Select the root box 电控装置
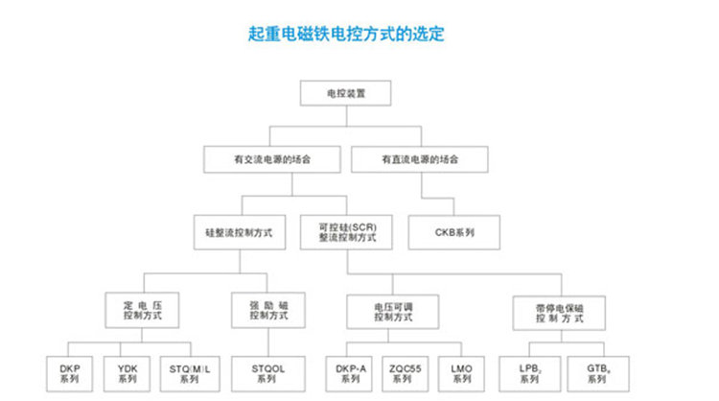346,94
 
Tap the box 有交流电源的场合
272,158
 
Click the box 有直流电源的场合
419,158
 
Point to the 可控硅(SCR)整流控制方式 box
347,231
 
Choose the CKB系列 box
454,231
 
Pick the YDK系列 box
128,371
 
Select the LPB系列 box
527,371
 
